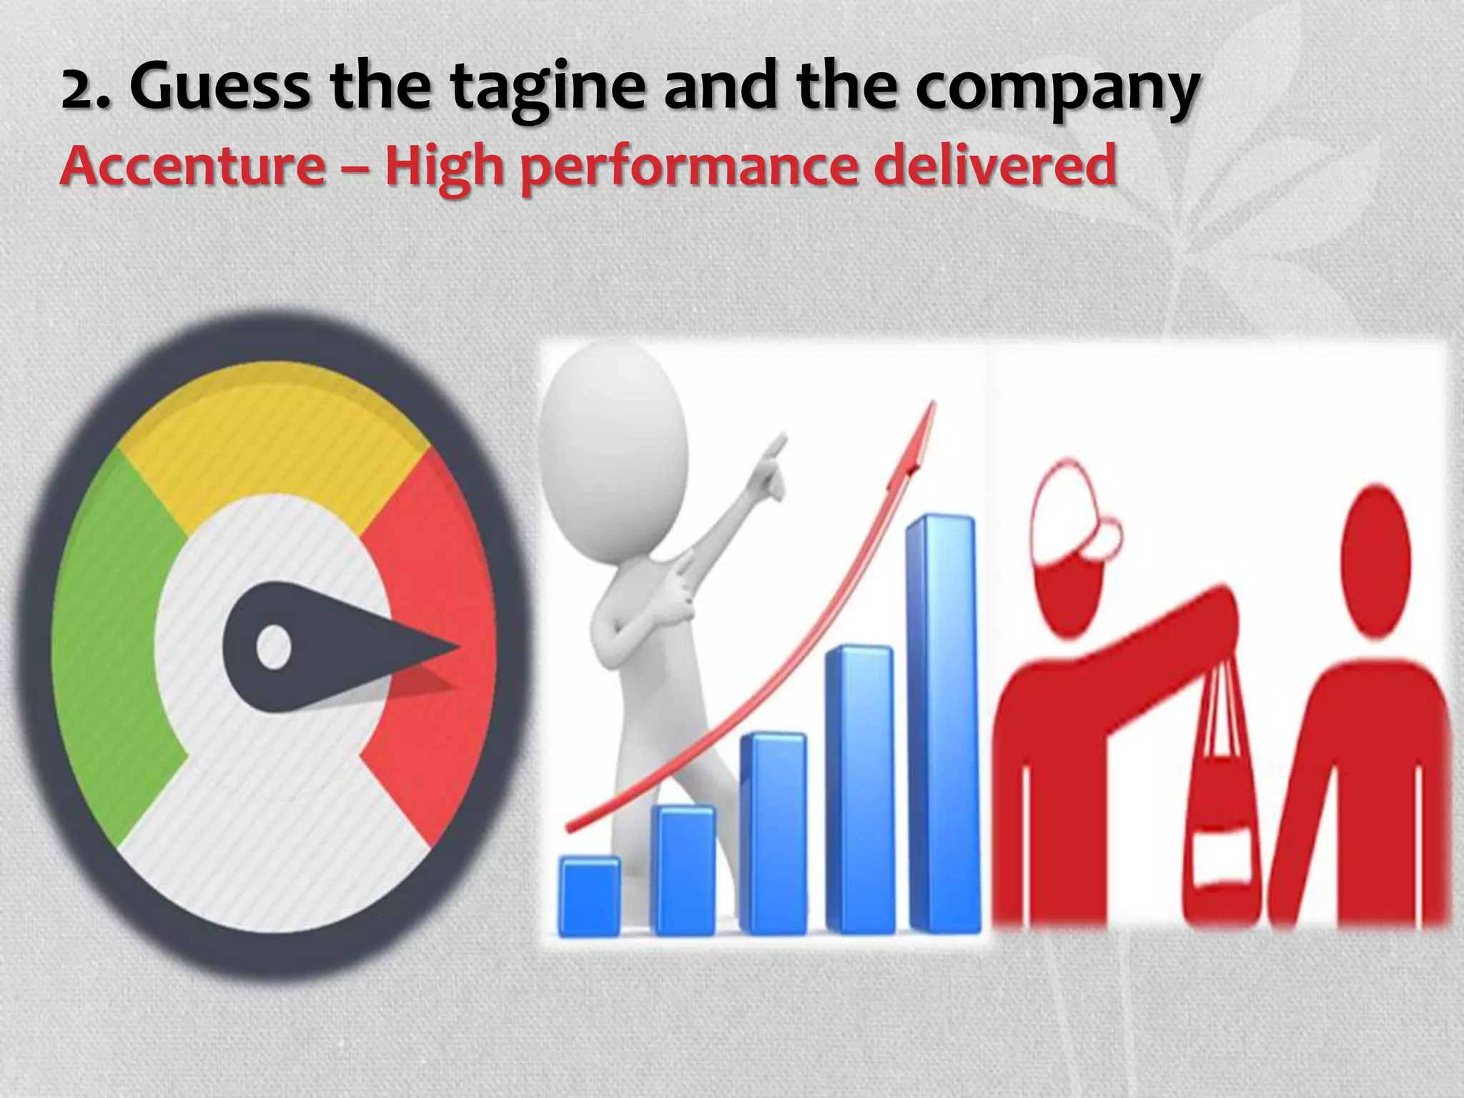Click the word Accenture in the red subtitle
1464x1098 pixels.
click(192, 166)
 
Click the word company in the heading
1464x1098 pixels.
click(1058, 89)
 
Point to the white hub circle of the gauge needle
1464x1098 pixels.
click(273, 647)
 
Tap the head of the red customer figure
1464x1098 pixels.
click(1376, 558)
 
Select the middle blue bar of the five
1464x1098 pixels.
click(773, 833)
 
